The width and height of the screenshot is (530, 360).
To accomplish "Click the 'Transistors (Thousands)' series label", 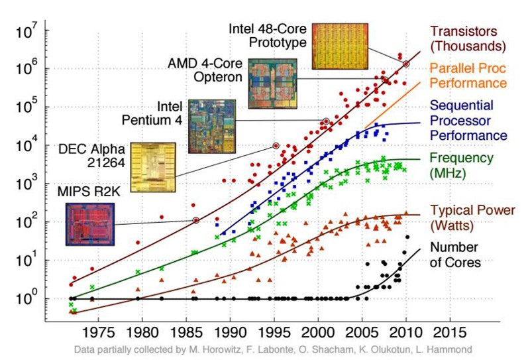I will [x=468, y=38].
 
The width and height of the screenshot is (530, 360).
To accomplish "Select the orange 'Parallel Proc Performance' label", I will [x=468, y=76].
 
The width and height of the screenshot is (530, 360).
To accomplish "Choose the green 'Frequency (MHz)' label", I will [x=462, y=165].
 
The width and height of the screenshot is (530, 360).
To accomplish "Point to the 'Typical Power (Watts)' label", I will [x=468, y=217].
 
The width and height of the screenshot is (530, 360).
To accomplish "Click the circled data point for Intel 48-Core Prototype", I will [x=405, y=64].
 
